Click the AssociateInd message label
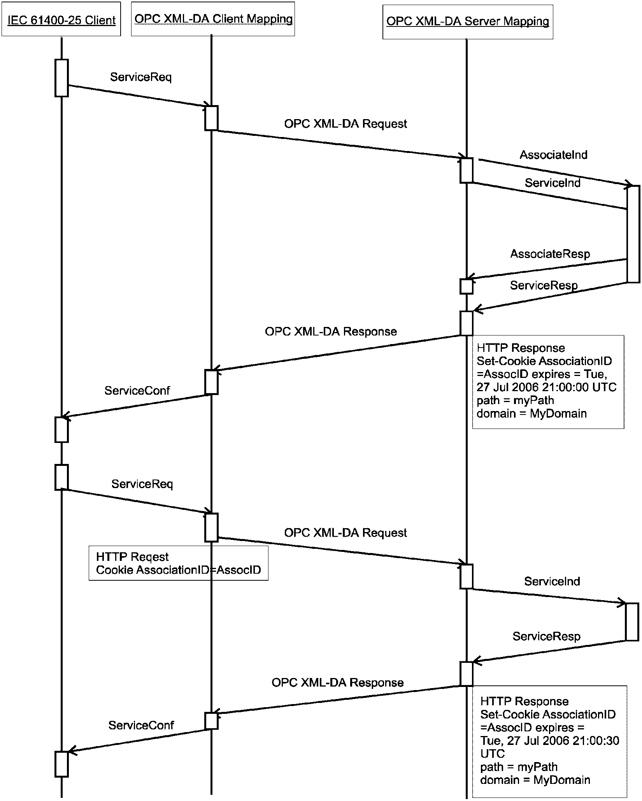pyautogui.click(x=553, y=155)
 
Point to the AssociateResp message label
pyautogui.click(x=550, y=254)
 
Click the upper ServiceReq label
pyautogui.click(x=141, y=77)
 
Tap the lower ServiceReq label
pyautogui.click(x=142, y=484)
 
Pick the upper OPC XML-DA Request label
pyautogui.click(x=346, y=124)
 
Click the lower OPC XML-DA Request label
pyautogui.click(x=346, y=532)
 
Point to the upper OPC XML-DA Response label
pyautogui.click(x=331, y=331)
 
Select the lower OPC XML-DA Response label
pyautogui.click(x=337, y=682)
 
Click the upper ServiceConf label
pyautogui.click(x=137, y=390)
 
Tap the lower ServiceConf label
pyautogui.click(x=141, y=725)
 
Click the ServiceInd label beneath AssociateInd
pyautogui.click(x=553, y=183)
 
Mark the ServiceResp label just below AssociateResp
pyautogui.click(x=544, y=285)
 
